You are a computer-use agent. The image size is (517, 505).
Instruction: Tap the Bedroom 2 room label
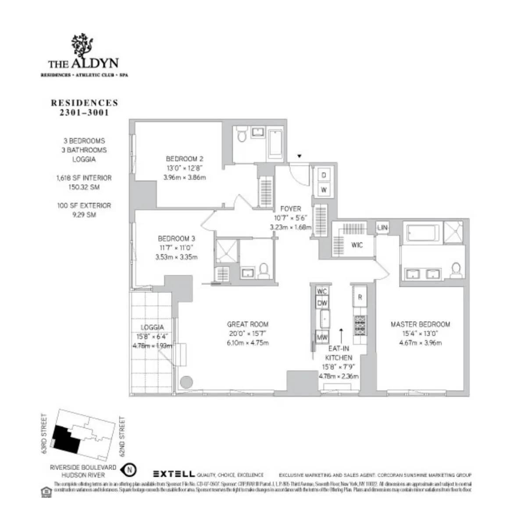click(184, 159)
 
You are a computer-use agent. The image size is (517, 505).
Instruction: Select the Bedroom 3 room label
click(176, 238)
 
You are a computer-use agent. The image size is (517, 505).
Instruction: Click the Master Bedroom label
click(420, 324)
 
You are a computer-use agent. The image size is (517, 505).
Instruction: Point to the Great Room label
click(247, 324)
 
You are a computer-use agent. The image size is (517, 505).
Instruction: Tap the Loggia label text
click(152, 327)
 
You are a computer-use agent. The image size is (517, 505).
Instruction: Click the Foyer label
click(290, 209)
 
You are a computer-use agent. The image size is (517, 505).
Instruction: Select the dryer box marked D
click(324, 175)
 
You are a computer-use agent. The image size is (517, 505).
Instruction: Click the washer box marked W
click(324, 190)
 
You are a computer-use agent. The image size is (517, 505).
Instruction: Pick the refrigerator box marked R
click(360, 297)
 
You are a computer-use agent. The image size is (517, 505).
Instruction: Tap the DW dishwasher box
click(322, 303)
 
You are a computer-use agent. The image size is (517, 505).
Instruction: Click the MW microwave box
click(322, 338)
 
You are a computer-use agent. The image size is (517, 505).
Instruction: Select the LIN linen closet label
click(382, 228)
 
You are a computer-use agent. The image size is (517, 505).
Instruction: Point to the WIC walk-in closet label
click(357, 245)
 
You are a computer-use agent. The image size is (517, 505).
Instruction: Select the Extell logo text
click(174, 474)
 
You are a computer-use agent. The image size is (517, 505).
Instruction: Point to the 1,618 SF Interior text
click(84, 178)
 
